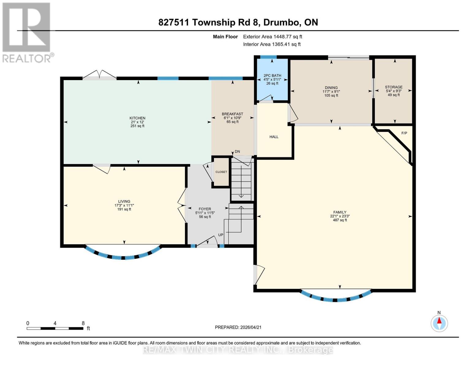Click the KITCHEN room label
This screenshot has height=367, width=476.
click(137, 118)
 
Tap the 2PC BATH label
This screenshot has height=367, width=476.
click(272, 76)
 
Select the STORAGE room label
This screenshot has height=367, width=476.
click(394, 87)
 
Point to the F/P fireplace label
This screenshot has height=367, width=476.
click(404, 133)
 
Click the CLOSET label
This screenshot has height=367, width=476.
click(221, 172)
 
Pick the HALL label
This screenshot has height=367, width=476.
click(274, 137)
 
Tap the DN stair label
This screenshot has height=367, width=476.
click(237, 151)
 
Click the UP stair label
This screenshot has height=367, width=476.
click(221, 235)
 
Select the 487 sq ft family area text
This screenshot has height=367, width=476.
click(340, 220)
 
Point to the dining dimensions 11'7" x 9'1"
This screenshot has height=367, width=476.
click(331, 91)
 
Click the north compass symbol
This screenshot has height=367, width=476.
click(439, 323)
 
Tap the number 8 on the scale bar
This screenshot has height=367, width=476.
click(83, 323)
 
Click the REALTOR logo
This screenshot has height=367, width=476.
click(26, 32)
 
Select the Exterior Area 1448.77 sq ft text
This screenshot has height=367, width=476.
click(272, 37)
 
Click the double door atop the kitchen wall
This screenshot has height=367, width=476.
click(99, 75)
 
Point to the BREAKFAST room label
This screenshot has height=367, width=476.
click(232, 114)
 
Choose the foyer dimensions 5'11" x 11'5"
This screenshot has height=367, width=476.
click(205, 213)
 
